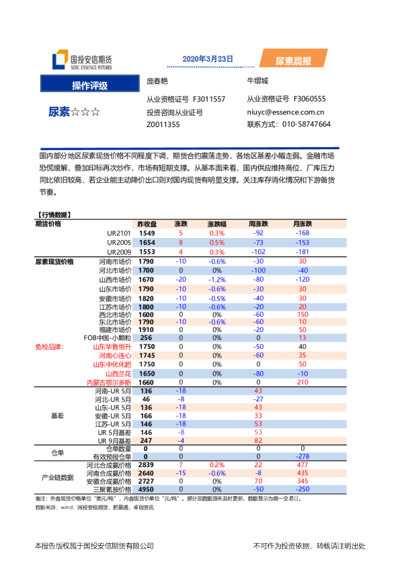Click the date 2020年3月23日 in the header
(x=208, y=58)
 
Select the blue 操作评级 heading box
(x=90, y=85)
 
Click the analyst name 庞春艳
(x=157, y=81)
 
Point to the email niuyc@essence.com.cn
(x=285, y=113)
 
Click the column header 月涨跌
(x=302, y=224)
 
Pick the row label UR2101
(x=118, y=233)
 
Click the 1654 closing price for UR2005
(x=147, y=243)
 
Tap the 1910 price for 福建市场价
(x=147, y=330)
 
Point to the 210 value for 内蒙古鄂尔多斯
(x=302, y=382)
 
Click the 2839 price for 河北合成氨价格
(x=147, y=464)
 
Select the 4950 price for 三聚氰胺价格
(x=147, y=491)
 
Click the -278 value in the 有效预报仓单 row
(x=302, y=456)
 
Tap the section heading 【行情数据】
(x=53, y=215)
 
